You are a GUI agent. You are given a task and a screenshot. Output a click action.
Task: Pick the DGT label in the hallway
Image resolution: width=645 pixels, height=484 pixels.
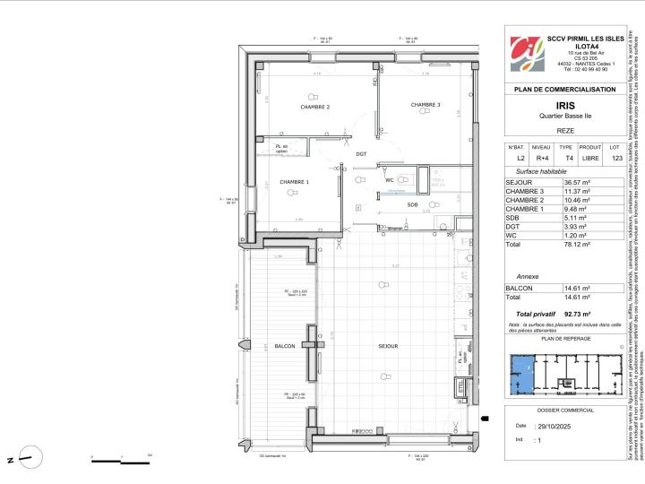(361, 154)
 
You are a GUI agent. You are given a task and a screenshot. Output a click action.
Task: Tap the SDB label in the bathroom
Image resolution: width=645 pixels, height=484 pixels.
(412, 204)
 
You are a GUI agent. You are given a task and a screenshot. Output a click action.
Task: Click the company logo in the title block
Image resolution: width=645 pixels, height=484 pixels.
(527, 54)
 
